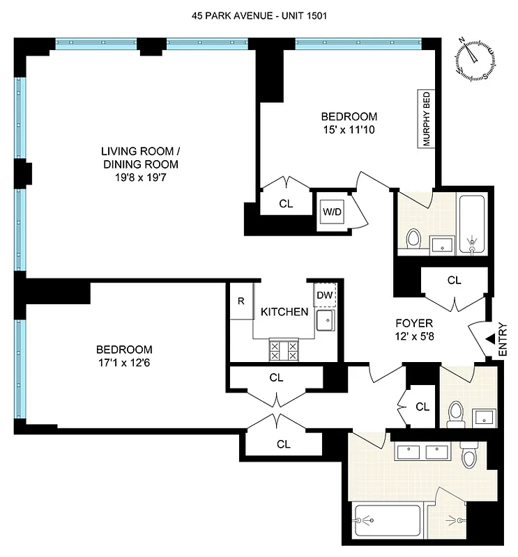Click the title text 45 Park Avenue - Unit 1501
[x=259, y=15]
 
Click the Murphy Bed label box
[x=427, y=119]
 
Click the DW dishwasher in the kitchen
[x=324, y=295]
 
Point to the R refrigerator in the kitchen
[x=241, y=301]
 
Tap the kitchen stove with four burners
[x=283, y=350]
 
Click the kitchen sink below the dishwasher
[x=324, y=321]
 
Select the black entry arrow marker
[x=491, y=338]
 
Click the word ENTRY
[x=504, y=338]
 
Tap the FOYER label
[x=414, y=323]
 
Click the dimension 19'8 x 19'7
[x=139, y=178]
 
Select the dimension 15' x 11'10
[x=349, y=129]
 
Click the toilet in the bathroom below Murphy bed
[x=413, y=239]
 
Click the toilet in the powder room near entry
[x=455, y=413]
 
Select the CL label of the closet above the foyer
[x=455, y=281]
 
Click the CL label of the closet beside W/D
[x=285, y=204]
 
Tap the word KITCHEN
[x=284, y=312]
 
